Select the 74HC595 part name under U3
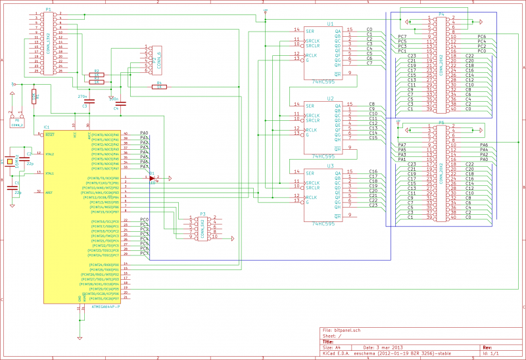325,223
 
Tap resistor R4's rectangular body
158,86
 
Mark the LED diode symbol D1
152,177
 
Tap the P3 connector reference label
203,214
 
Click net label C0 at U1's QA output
370,30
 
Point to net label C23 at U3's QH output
372,206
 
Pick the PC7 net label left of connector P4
402,37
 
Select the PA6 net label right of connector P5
484,145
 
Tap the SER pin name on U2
308,104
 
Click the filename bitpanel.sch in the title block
347,330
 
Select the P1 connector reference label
48,10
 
